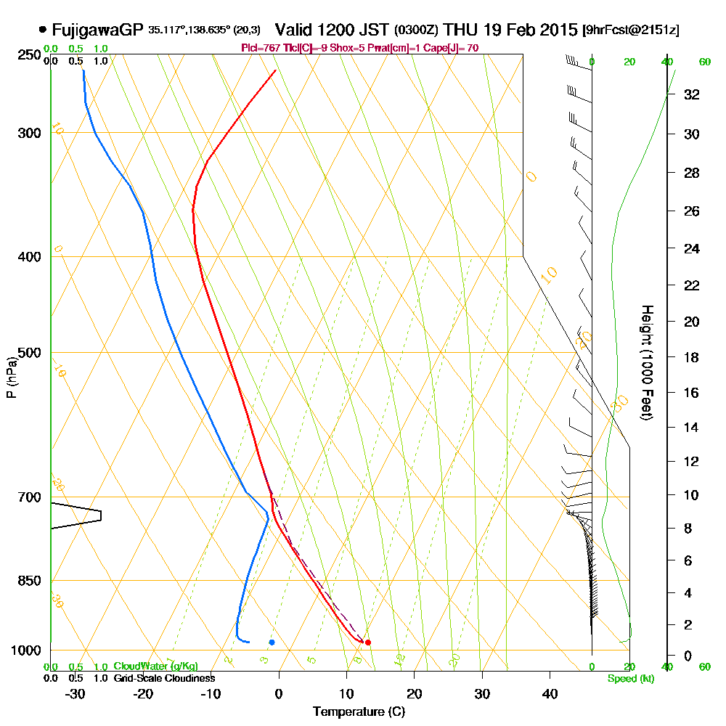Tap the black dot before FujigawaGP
(43, 30)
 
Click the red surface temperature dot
(368, 643)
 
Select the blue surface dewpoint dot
(272, 642)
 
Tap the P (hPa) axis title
(11, 378)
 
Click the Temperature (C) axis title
(359, 712)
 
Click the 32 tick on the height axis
(691, 94)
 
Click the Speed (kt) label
(629, 679)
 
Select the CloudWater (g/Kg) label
(155, 666)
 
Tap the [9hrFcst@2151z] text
(631, 30)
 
